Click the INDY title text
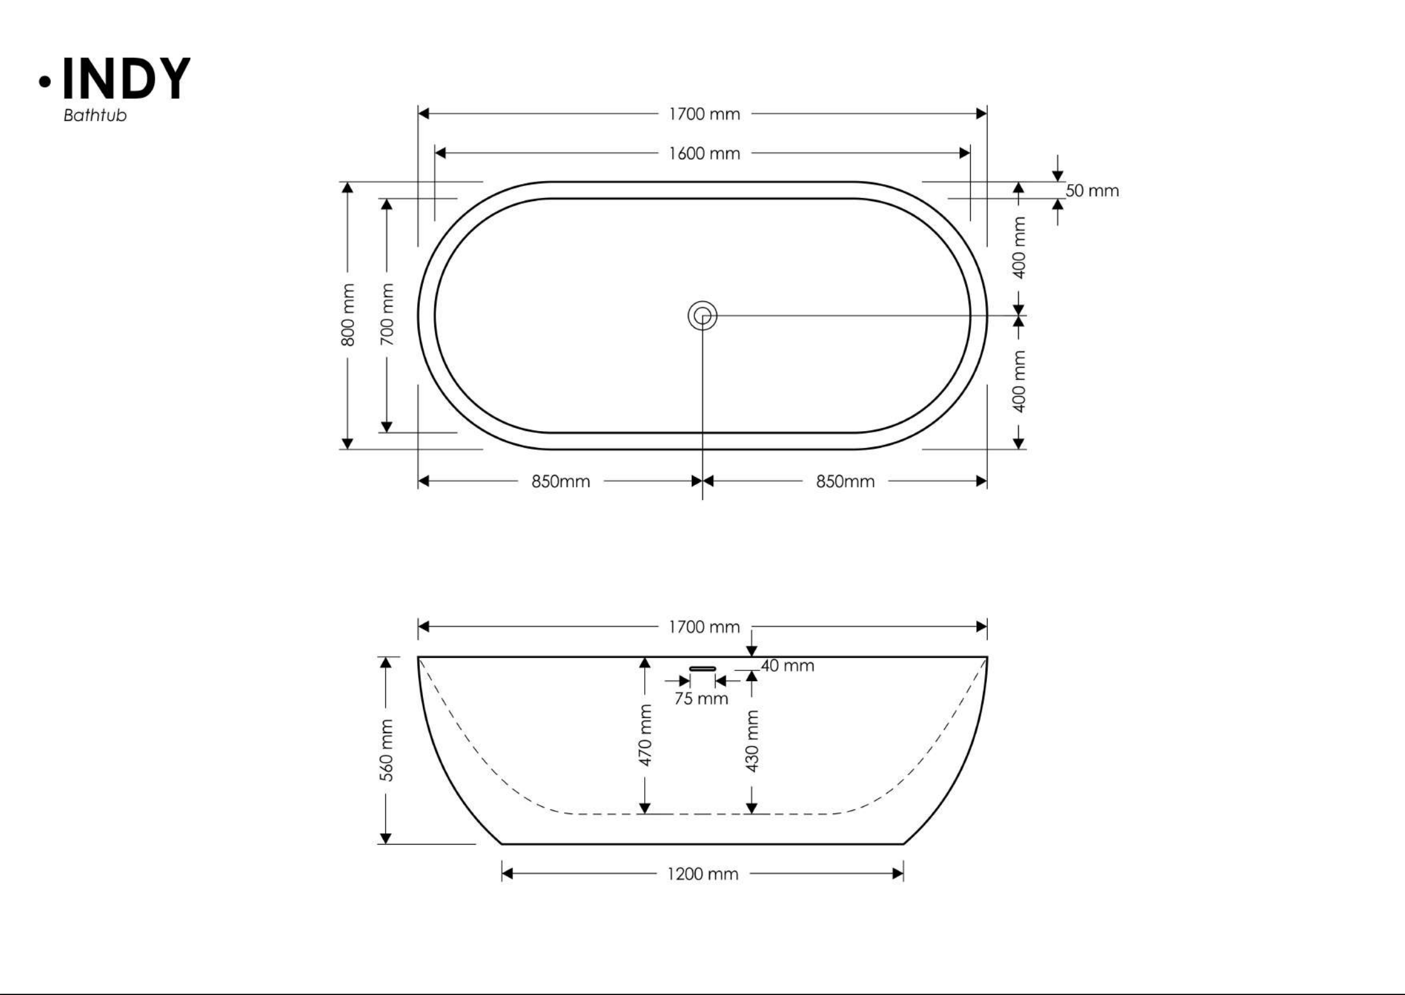(126, 79)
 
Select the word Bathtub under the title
(95, 116)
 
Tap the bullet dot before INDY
(45, 81)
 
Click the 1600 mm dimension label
(704, 154)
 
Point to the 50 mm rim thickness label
(1092, 190)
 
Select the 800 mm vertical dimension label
(348, 315)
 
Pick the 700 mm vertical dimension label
(387, 315)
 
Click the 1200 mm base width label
(702, 873)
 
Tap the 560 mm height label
(387, 751)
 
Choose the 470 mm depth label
(645, 735)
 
